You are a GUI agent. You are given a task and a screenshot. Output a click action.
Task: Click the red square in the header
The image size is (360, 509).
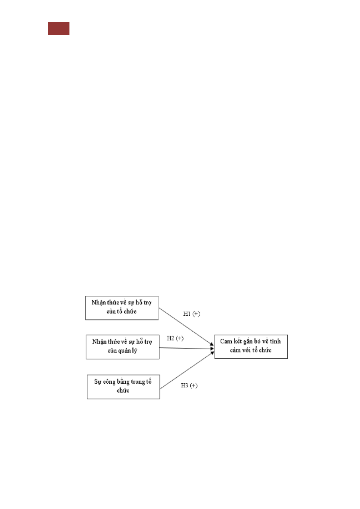click(59, 28)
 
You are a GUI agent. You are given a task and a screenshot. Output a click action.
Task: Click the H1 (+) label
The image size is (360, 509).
click(191, 314)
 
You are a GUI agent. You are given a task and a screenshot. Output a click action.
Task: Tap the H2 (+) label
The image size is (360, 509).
click(175, 338)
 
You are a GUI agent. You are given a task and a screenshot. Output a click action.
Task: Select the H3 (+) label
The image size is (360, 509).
click(189, 386)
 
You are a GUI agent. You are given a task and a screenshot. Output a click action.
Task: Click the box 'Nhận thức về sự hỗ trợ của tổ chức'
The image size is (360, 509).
click(122, 308)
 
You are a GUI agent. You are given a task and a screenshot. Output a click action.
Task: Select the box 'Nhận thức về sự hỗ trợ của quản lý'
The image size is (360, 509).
click(123, 347)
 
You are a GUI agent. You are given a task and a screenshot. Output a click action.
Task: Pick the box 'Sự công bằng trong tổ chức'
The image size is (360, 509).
click(123, 387)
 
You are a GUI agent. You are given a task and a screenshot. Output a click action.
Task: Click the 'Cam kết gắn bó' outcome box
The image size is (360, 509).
click(251, 347)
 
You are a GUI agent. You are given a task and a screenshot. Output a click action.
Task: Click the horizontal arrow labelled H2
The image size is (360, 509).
click(186, 348)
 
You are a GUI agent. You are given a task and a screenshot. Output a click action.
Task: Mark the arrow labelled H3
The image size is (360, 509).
click(187, 370)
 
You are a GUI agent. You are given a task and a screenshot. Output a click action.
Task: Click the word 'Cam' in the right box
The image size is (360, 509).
click(226, 341)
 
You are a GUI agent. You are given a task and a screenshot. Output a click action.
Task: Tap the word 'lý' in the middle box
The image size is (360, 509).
click(134, 351)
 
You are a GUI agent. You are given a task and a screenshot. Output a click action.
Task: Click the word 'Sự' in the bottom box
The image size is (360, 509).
click(98, 382)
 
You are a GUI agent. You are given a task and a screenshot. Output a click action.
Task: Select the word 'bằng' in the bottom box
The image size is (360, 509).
click(123, 382)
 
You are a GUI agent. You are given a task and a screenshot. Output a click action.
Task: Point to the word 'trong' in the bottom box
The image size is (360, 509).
click(138, 382)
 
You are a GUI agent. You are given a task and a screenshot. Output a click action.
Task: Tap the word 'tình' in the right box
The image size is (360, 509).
click(275, 341)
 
